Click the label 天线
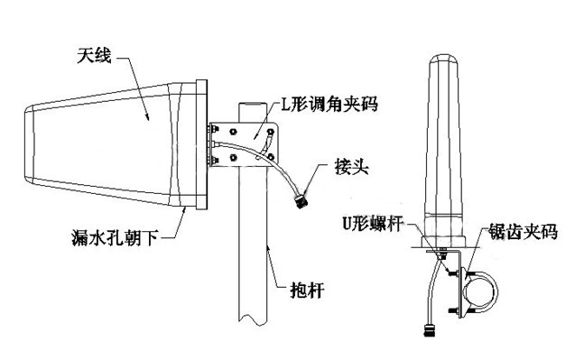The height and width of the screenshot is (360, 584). [94, 56]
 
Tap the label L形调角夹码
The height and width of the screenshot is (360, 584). [329, 104]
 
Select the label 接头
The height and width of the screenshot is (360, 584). [352, 166]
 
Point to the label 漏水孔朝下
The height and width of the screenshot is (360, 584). [116, 237]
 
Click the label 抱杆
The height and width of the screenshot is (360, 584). [307, 290]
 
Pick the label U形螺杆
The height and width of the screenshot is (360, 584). [373, 224]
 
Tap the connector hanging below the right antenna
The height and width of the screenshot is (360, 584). [430, 330]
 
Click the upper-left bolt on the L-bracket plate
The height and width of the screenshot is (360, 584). [233, 132]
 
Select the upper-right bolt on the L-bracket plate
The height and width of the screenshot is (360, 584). [271, 132]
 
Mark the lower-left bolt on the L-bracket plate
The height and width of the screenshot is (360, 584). [234, 157]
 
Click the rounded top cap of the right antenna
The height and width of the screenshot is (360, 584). [443, 60]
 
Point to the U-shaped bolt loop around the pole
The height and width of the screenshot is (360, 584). [496, 291]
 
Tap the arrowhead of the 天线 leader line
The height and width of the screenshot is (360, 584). [147, 116]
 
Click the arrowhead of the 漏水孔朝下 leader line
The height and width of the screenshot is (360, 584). [183, 210]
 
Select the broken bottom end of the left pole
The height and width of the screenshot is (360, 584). [254, 321]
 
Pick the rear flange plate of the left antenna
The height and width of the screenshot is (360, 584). [201, 145]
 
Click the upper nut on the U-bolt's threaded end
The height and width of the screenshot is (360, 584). [453, 272]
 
